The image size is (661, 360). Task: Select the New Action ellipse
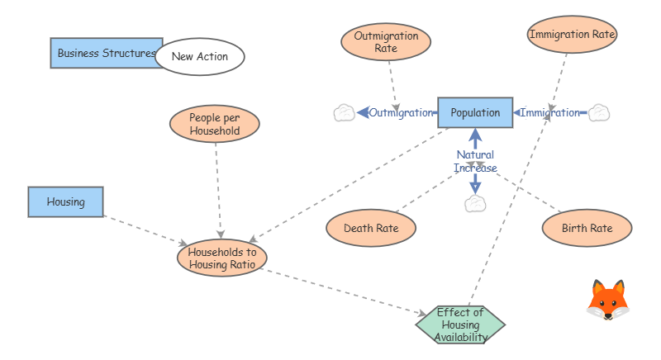point(200,57)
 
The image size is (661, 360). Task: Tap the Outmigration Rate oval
point(386,42)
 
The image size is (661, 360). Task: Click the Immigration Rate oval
point(573,35)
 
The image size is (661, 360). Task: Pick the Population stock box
point(475,112)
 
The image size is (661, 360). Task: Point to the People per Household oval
point(215,124)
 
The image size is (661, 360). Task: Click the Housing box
point(66,201)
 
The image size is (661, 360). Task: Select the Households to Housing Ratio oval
point(222,258)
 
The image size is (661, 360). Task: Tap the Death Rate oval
point(370,228)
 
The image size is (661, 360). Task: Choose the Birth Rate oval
point(587,228)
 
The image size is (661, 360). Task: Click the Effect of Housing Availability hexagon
point(460,324)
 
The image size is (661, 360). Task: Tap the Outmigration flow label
point(402,112)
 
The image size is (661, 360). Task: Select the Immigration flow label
point(549,112)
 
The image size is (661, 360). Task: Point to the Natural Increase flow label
point(475,161)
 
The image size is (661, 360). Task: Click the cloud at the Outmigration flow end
point(344,113)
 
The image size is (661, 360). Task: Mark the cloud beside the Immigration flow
point(599,112)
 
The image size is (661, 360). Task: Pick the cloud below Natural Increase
point(475,204)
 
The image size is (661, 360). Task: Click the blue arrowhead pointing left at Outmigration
point(362,112)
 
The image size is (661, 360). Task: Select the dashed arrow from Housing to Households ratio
point(145,230)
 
